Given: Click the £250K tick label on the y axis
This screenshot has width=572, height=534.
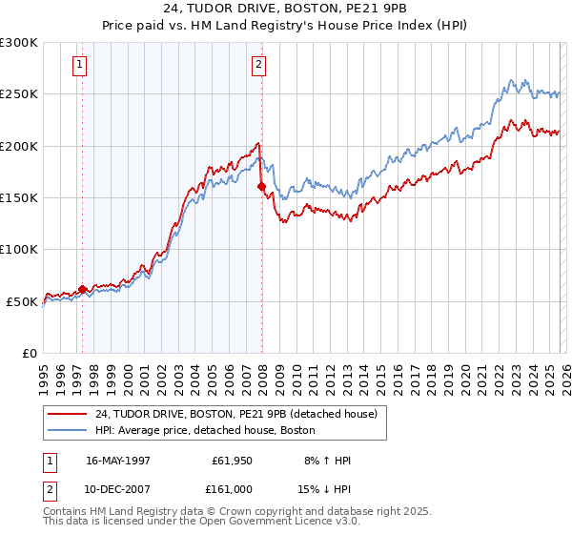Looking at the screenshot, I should [19, 94].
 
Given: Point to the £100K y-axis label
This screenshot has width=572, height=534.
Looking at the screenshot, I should [19, 250].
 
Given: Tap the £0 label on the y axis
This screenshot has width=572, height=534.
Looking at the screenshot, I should [29, 354].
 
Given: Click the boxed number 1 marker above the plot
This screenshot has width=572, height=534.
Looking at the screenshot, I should [78, 65].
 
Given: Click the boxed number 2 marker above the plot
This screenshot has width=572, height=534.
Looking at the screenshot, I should [258, 65].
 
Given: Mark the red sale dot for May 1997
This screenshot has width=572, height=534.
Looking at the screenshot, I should [83, 289].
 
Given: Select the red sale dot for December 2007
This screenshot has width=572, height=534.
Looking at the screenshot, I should [261, 187].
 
